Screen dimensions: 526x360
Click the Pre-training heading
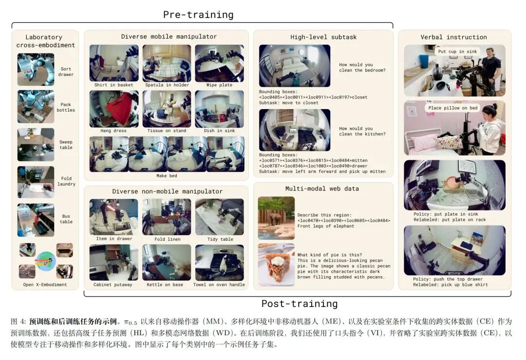pyautogui.click(x=198, y=15)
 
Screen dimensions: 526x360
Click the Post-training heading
pyautogui.click(x=300, y=303)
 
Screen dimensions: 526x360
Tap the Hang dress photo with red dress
pyautogui.click(x=114, y=109)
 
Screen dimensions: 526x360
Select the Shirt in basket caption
pyautogui.click(x=113, y=85)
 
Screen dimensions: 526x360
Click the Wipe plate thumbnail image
pyautogui.click(x=219, y=63)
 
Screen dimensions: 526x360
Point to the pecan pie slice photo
pyautogui.click(x=276, y=265)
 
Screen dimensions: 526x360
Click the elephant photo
pyautogui.click(x=276, y=218)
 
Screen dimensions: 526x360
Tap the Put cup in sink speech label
pyautogui.click(x=457, y=52)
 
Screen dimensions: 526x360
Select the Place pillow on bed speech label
pyautogui.click(x=453, y=108)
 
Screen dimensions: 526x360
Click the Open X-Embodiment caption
pyautogui.click(x=45, y=285)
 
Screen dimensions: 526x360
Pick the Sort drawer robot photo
pyautogui.click(x=36, y=70)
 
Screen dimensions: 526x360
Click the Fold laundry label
pyautogui.click(x=66, y=181)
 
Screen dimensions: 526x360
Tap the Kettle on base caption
pyautogui.click(x=165, y=285)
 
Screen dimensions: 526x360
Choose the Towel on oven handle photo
pyautogui.click(x=220, y=263)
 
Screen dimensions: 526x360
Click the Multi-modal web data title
pyautogui.click(x=322, y=189)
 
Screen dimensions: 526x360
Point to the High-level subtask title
pyautogui.click(x=323, y=37)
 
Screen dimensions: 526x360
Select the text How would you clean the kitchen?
pyautogui.click(x=362, y=131)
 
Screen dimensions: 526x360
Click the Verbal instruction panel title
pyautogui.click(x=453, y=37)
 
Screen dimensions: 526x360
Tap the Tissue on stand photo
pyautogui.click(x=167, y=109)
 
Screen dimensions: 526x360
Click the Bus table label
pyautogui.click(x=66, y=219)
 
